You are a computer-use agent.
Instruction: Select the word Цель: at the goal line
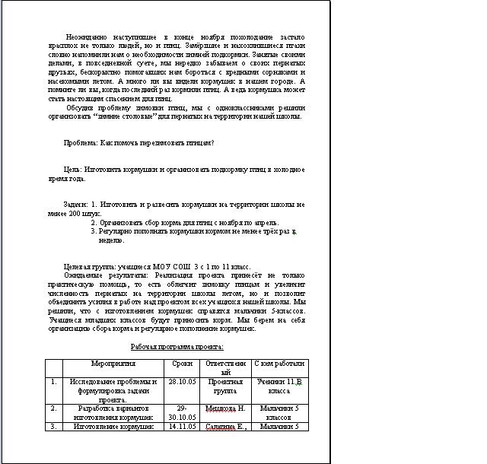click(x=73, y=169)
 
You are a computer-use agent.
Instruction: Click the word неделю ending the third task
click(x=111, y=240)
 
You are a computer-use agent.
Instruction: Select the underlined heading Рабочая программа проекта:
click(x=177, y=346)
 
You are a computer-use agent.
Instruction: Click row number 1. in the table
click(x=53, y=382)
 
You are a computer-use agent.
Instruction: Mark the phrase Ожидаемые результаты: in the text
click(x=104, y=275)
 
